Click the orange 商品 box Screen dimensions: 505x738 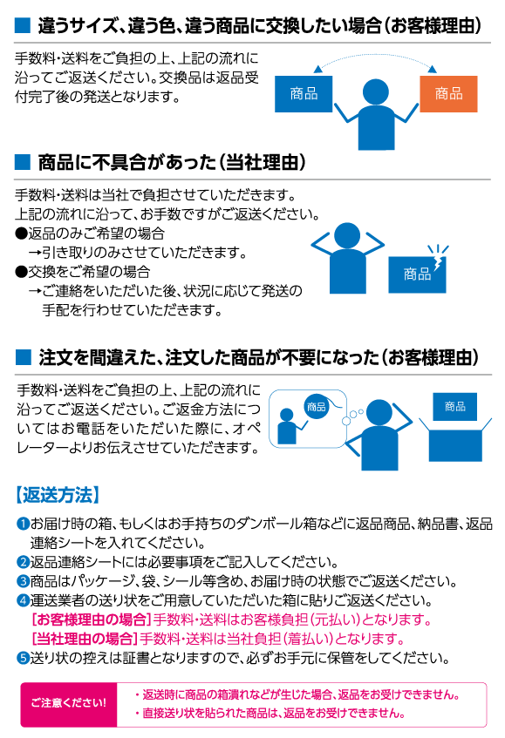tap(448, 93)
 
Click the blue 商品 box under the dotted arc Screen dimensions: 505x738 tap(304, 93)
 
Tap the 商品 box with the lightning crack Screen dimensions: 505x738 tap(417, 274)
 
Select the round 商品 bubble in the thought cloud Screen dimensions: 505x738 tap(316, 407)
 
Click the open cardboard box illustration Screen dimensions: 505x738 tap(455, 439)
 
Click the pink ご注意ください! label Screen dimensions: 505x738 tap(69, 704)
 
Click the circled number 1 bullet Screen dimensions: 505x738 tap(23, 524)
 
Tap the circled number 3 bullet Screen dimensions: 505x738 tap(23, 581)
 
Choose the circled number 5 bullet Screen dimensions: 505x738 tap(23, 658)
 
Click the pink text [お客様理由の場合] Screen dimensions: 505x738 tap(91, 620)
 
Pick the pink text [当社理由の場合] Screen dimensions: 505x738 tap(85, 640)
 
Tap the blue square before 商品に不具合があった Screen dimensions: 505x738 tap(23, 162)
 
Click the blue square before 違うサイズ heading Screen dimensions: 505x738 tap(23, 25)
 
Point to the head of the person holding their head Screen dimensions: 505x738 tap(347, 235)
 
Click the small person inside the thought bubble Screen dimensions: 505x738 tap(287, 426)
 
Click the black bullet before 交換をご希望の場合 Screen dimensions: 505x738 tap(21, 272)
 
